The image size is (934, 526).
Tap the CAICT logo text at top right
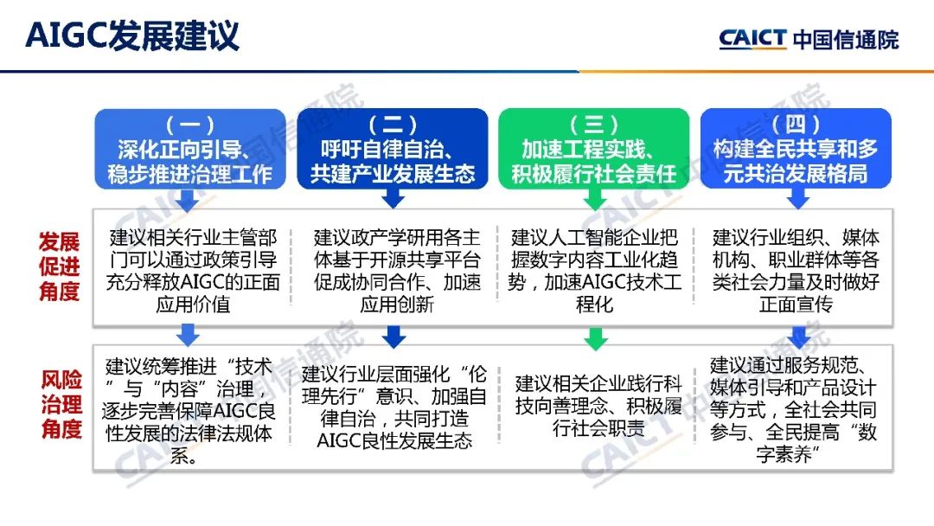[x=752, y=38]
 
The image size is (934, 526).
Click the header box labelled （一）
[x=189, y=149]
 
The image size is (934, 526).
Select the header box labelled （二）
[x=393, y=149]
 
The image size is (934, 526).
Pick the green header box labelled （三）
[x=594, y=149]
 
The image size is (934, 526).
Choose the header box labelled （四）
[x=796, y=149]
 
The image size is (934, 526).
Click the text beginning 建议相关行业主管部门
[x=193, y=271]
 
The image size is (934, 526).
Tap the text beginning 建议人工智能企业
[x=595, y=271]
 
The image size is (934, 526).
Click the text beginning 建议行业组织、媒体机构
[x=796, y=271]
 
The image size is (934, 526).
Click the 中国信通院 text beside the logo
[x=846, y=39]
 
